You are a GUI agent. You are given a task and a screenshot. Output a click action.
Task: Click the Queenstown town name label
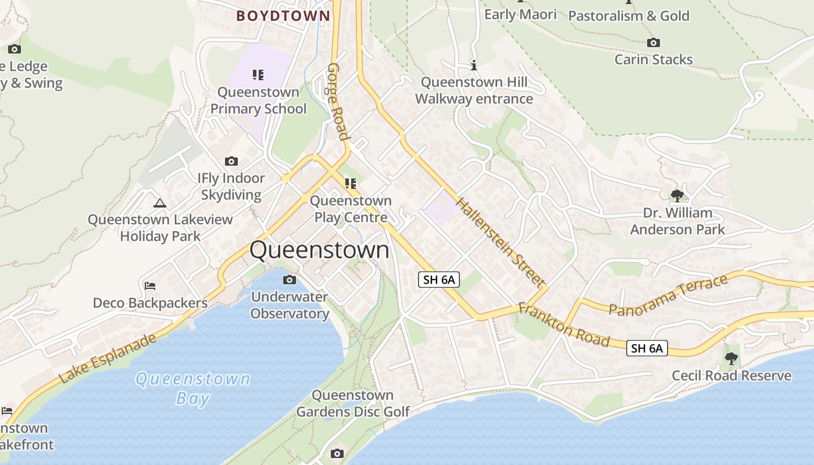point(319,250)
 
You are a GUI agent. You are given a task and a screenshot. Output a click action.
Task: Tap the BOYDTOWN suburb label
point(283,16)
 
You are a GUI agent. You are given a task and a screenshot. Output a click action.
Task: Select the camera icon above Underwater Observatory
point(289,280)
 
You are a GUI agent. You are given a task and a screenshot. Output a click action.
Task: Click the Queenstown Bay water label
point(192,388)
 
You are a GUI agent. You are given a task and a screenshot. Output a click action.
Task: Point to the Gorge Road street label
point(338,102)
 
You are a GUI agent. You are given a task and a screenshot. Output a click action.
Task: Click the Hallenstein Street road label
point(501,241)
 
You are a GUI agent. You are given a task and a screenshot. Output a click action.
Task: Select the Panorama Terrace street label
point(668,295)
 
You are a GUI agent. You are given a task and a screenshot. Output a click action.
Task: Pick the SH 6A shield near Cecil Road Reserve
point(647,348)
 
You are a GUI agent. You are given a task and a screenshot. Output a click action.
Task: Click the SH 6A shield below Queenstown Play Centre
point(439,280)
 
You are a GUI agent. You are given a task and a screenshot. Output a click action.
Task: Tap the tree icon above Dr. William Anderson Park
point(677,195)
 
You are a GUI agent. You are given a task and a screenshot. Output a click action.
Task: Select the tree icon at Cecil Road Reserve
point(731,358)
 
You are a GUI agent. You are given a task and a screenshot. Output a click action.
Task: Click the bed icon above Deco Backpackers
point(149,285)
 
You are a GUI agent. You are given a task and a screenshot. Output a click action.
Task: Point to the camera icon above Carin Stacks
point(653,42)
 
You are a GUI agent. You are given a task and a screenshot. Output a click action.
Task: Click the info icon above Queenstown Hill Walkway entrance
point(474,65)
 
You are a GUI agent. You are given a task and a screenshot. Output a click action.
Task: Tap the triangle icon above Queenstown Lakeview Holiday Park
point(160,203)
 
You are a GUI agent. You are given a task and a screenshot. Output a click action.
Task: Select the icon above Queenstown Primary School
point(258,74)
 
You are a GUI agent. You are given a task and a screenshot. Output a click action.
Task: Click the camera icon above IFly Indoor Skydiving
point(231,161)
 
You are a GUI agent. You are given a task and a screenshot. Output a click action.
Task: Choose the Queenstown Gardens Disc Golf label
point(353,403)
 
